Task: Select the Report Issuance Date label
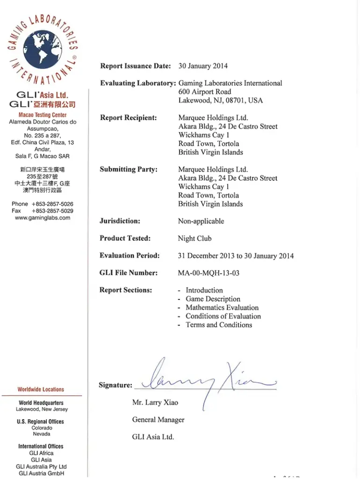pyautogui.click(x=136, y=66)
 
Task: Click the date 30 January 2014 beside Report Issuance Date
pyautogui.click(x=203, y=66)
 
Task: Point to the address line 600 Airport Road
pyautogui.click(x=204, y=92)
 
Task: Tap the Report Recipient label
pyautogui.click(x=129, y=118)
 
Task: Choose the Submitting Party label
pyautogui.click(x=129, y=169)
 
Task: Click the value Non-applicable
pyautogui.click(x=201, y=221)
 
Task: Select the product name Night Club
pyautogui.click(x=194, y=239)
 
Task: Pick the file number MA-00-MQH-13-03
pyautogui.click(x=209, y=273)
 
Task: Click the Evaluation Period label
pyautogui.click(x=130, y=256)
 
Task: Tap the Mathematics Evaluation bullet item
pyautogui.click(x=222, y=308)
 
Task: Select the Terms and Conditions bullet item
pyautogui.click(x=219, y=325)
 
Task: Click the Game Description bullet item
pyautogui.click(x=213, y=299)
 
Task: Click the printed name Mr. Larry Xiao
pyautogui.click(x=155, y=402)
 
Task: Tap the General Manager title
pyautogui.click(x=158, y=420)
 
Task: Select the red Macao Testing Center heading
pyautogui.click(x=43, y=115)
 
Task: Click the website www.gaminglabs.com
pyautogui.click(x=43, y=218)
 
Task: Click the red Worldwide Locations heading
pyautogui.click(x=41, y=389)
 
